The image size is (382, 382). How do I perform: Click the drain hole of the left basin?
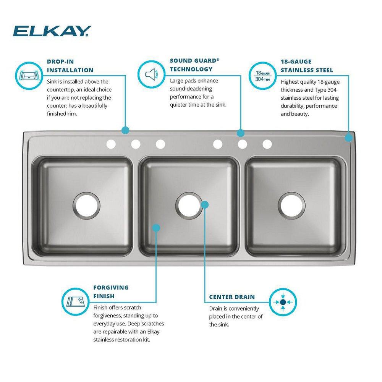[x=87, y=206]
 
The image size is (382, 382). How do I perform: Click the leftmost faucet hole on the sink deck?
[x=111, y=144]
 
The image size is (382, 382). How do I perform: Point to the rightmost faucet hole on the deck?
[x=267, y=144]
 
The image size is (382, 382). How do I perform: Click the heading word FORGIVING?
[x=111, y=287]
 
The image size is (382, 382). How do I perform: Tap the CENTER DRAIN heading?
[x=232, y=297]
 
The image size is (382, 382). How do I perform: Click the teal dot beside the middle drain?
[x=205, y=205]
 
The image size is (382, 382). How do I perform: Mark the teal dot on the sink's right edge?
[x=348, y=137]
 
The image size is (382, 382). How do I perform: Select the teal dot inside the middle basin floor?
[x=156, y=228]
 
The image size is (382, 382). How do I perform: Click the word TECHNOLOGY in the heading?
[x=191, y=69]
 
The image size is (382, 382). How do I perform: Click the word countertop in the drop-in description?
[x=62, y=89]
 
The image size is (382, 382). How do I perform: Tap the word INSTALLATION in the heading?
[x=70, y=70]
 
